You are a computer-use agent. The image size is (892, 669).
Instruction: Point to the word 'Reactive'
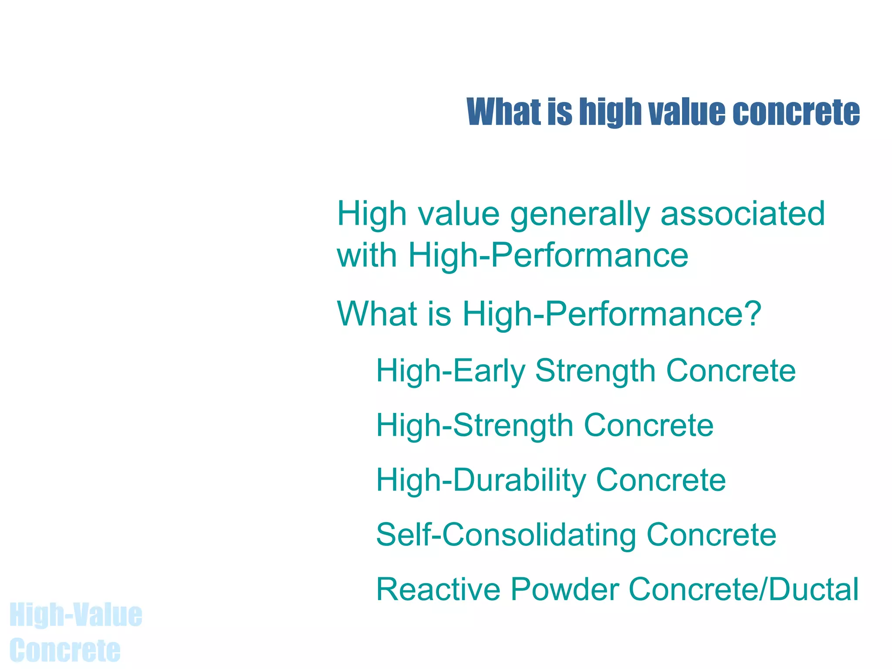438,589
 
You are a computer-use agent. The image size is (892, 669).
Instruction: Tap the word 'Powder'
565,589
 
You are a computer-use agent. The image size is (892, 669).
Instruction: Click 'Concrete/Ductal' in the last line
744,589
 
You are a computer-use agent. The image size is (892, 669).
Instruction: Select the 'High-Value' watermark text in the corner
76,615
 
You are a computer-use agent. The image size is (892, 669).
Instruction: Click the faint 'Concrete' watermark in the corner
65,650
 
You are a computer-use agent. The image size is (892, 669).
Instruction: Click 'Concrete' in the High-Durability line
661,480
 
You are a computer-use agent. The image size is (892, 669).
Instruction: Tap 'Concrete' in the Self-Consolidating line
711,535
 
